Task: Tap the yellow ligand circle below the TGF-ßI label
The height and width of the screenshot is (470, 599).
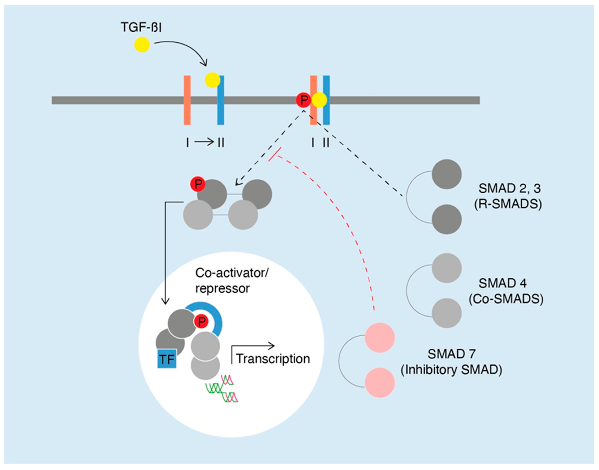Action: click(142, 45)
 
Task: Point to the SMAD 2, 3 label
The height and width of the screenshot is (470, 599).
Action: click(509, 188)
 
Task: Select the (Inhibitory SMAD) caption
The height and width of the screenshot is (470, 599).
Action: click(451, 370)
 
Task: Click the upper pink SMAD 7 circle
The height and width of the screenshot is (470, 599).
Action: click(380, 338)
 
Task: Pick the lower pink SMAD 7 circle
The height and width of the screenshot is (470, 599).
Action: click(380, 383)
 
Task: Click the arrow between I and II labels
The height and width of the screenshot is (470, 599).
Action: click(204, 142)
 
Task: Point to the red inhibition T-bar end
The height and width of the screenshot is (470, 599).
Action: click(275, 155)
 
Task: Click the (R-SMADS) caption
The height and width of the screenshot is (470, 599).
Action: click(508, 205)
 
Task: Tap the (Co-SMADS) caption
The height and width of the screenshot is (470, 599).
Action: click(506, 299)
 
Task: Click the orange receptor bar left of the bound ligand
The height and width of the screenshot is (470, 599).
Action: click(187, 100)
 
